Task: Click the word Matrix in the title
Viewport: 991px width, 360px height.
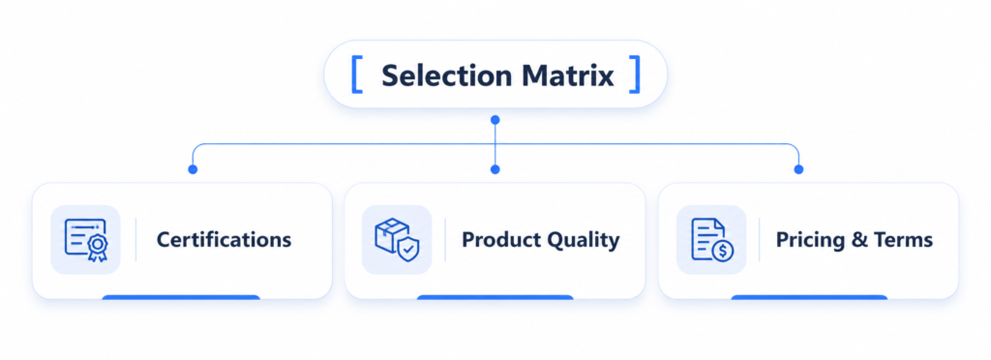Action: [x=568, y=75]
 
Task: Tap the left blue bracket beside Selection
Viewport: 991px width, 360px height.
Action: [x=357, y=75]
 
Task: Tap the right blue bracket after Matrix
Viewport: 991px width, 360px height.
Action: [x=635, y=75]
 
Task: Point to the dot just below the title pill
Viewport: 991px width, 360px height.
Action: [x=495, y=119]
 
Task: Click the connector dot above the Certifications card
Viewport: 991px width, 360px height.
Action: [x=193, y=169]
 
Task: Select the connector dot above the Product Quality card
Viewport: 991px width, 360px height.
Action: [x=495, y=169]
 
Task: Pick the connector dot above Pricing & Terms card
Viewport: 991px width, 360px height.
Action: [x=798, y=169]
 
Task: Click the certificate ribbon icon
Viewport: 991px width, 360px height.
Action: [x=86, y=240]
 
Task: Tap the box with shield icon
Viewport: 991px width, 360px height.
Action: [x=396, y=240]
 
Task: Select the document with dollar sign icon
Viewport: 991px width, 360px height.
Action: [x=711, y=240]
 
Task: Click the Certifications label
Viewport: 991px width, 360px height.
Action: [x=224, y=240]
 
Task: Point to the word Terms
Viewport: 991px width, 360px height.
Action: [x=903, y=240]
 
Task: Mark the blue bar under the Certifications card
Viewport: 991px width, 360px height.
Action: [x=181, y=297]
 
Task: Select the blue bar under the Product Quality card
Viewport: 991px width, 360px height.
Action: [x=495, y=297]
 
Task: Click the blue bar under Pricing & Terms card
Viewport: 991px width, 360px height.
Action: [x=810, y=297]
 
